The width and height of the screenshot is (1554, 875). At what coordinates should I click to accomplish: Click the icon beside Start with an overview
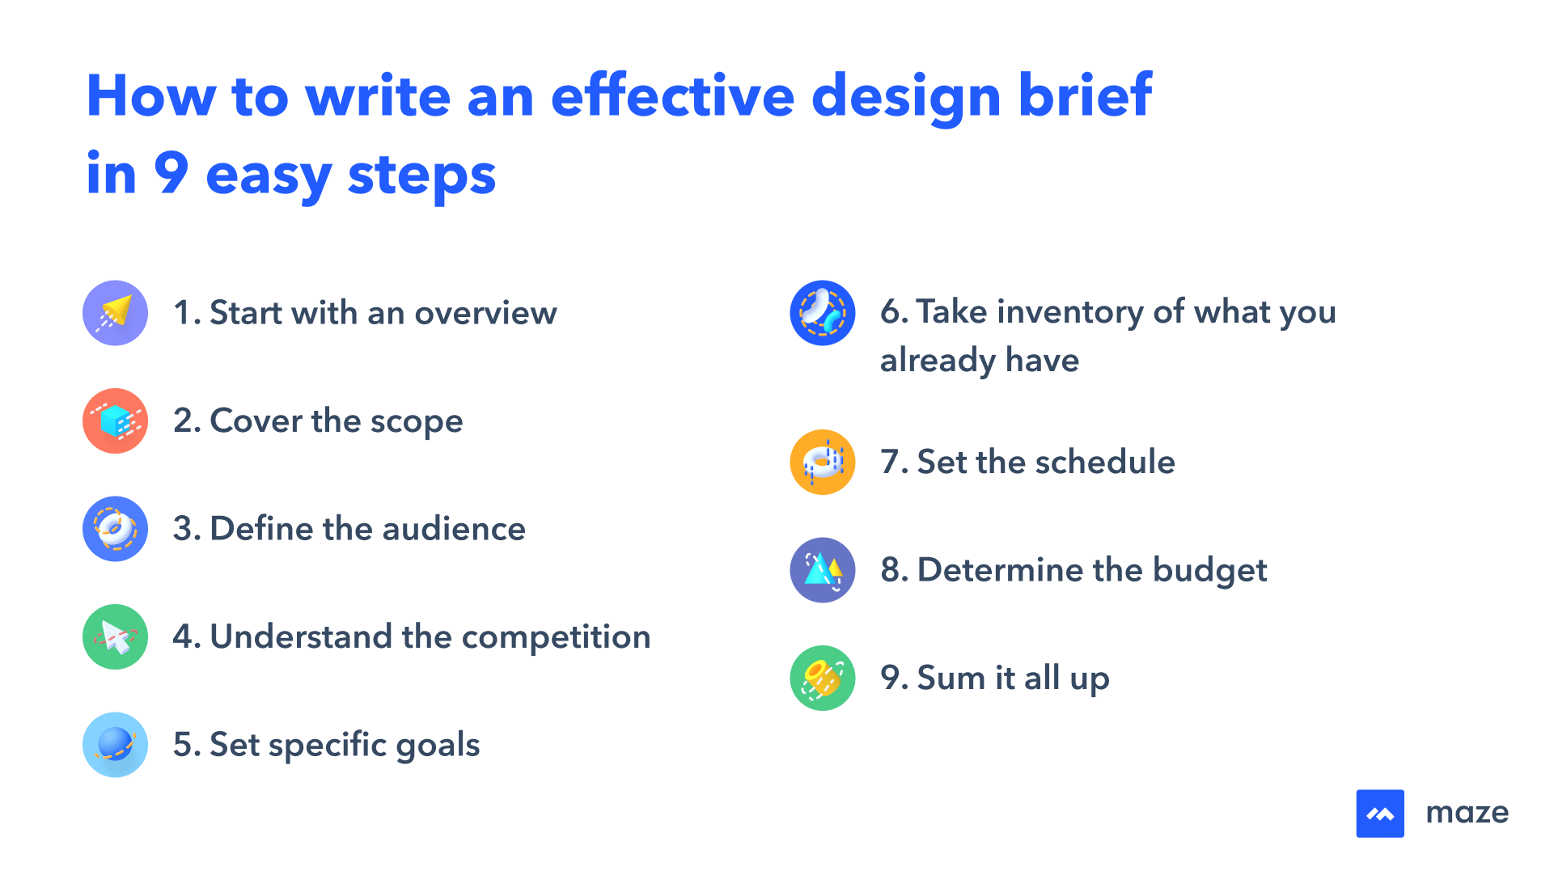tap(115, 313)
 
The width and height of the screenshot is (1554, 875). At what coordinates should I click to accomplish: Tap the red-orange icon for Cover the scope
tap(115, 421)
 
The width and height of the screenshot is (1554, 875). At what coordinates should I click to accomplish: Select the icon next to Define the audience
tap(115, 529)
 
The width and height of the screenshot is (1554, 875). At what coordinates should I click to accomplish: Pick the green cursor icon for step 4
tap(115, 636)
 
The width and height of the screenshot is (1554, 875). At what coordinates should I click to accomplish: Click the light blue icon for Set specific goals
tap(115, 745)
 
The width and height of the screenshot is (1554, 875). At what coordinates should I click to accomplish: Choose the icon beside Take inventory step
tap(822, 313)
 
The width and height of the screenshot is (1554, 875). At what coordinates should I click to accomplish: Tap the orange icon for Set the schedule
tap(822, 462)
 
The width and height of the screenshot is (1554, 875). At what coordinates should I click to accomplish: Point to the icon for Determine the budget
tap(822, 570)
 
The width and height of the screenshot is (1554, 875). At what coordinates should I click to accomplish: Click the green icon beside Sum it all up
tap(822, 678)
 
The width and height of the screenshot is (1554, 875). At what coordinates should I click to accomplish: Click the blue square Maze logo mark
tap(1380, 814)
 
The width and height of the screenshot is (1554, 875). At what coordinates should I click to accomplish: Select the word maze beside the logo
tap(1467, 813)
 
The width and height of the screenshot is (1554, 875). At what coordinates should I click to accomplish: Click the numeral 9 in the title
tap(171, 173)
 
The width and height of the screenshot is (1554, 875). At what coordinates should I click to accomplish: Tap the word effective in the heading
tap(672, 96)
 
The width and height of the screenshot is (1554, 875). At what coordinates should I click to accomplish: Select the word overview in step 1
tap(485, 314)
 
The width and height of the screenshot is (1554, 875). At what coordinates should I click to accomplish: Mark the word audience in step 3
tap(454, 530)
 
